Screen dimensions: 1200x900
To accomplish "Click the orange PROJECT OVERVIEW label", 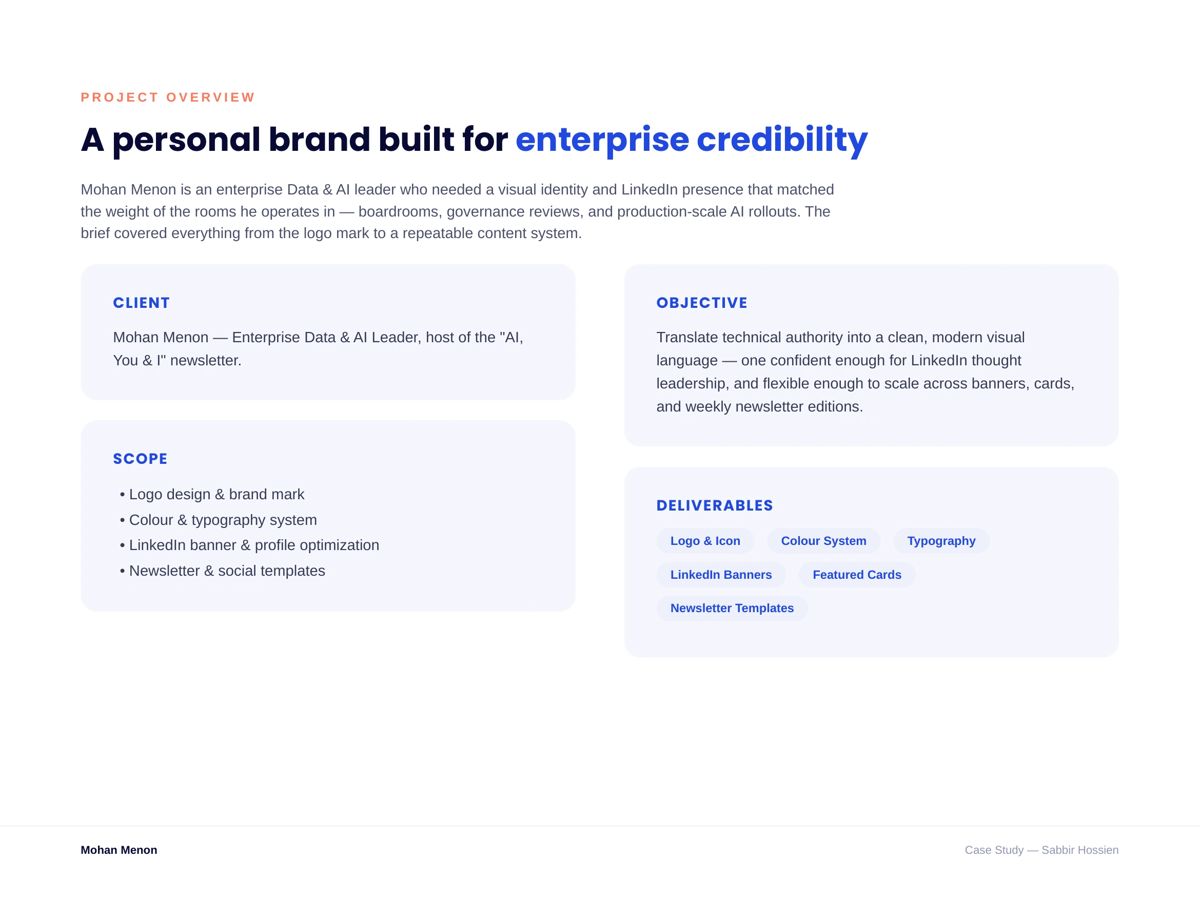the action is (x=168, y=97).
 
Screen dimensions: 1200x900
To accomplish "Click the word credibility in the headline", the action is (x=782, y=140).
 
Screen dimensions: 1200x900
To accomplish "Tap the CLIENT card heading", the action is (x=141, y=303).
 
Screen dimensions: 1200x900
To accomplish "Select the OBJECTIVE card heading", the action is (x=702, y=303).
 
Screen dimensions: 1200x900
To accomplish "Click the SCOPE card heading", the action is (x=140, y=459).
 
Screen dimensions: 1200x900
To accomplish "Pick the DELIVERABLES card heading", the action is (x=715, y=505).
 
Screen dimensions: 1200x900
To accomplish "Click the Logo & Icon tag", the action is (x=705, y=541).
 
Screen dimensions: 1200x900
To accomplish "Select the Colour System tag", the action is (x=823, y=541).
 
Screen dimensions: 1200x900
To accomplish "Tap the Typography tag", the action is (x=941, y=541).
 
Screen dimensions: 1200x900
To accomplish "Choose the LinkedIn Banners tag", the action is (x=721, y=575).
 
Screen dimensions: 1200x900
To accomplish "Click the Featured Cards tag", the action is (x=857, y=575).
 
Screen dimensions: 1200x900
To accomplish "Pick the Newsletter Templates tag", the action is (x=732, y=608).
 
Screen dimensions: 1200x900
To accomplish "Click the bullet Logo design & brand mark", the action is (x=212, y=494).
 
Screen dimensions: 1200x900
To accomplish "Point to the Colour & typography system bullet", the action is (x=218, y=520).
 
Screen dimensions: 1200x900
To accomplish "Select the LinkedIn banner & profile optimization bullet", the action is (x=249, y=545).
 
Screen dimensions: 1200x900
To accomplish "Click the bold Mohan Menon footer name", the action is (x=119, y=850).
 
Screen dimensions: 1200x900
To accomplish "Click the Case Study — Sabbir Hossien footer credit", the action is (x=1041, y=850).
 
